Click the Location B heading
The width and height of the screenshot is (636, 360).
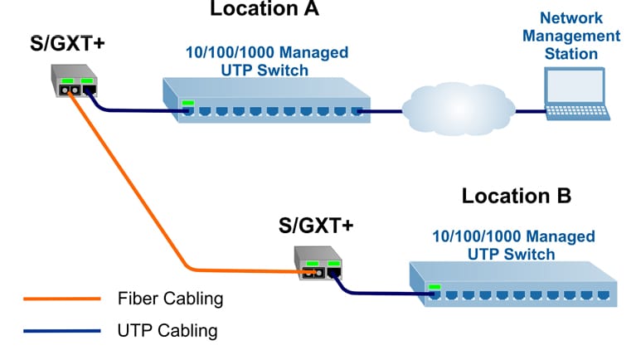pyautogui.click(x=516, y=197)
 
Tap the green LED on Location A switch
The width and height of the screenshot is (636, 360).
pyautogui.click(x=189, y=104)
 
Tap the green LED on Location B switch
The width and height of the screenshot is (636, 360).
pyautogui.click(x=435, y=288)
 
